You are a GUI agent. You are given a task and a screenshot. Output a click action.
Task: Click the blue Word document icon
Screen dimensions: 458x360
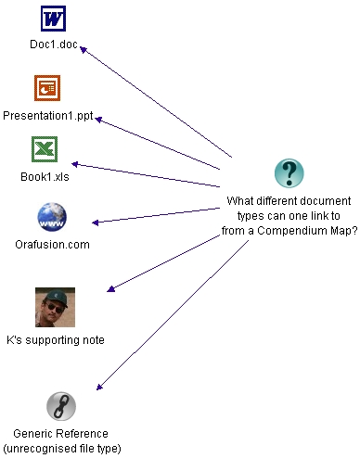coord(53,19)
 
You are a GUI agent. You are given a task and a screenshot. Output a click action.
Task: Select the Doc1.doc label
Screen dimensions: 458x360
coord(53,45)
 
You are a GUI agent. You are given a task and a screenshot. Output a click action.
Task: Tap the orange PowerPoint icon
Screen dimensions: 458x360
coord(47,88)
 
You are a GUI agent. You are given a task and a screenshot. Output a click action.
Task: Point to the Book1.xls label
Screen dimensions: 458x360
coord(45,174)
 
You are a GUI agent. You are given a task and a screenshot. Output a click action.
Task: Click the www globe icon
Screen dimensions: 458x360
coord(52,217)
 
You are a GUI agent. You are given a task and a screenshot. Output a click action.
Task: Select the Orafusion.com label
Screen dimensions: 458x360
coord(52,245)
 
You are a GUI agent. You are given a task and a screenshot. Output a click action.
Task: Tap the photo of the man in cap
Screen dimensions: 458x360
coord(55,307)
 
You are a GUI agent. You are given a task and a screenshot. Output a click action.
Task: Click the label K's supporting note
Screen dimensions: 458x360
coord(55,340)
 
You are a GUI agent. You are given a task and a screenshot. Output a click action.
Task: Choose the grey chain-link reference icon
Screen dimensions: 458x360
coord(60,406)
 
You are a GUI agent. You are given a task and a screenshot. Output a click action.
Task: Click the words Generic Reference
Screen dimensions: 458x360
coord(60,433)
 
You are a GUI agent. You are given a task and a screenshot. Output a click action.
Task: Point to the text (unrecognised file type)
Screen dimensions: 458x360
coord(60,448)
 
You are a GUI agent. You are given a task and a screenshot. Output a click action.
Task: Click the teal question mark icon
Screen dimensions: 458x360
coord(289,173)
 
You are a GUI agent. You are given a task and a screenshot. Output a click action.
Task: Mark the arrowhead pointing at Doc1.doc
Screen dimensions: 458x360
coord(84,48)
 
